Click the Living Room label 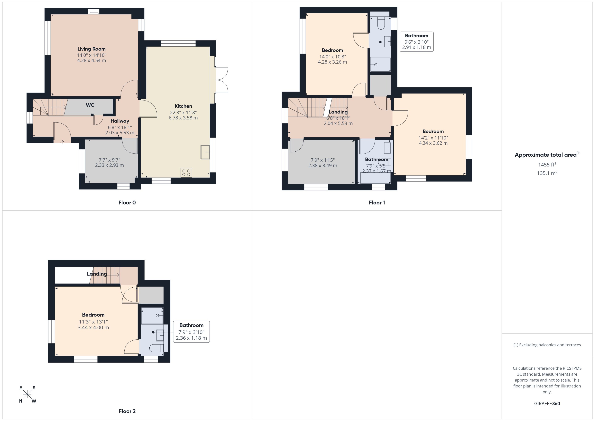(91, 49)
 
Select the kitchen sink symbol (205, 152)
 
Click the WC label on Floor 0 (90, 105)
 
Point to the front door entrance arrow (62, 142)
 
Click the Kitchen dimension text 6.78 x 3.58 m (183, 118)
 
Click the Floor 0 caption (127, 202)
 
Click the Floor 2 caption (127, 411)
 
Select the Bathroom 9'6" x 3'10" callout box (416, 41)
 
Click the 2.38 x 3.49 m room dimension (322, 165)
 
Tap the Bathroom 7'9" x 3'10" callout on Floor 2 (191, 332)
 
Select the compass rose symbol (27, 394)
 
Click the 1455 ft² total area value (547, 165)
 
